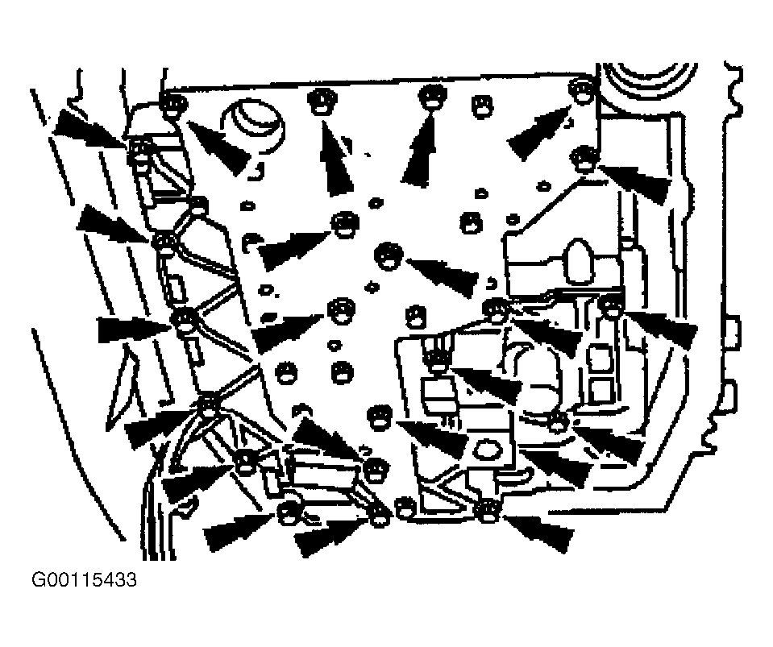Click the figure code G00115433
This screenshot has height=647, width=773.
point(84,579)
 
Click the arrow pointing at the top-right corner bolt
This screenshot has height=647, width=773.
point(538,133)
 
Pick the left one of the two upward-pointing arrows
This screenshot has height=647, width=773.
point(336,158)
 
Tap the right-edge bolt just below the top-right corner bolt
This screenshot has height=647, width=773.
point(584,160)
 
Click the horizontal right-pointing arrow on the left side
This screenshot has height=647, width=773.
point(134,330)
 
